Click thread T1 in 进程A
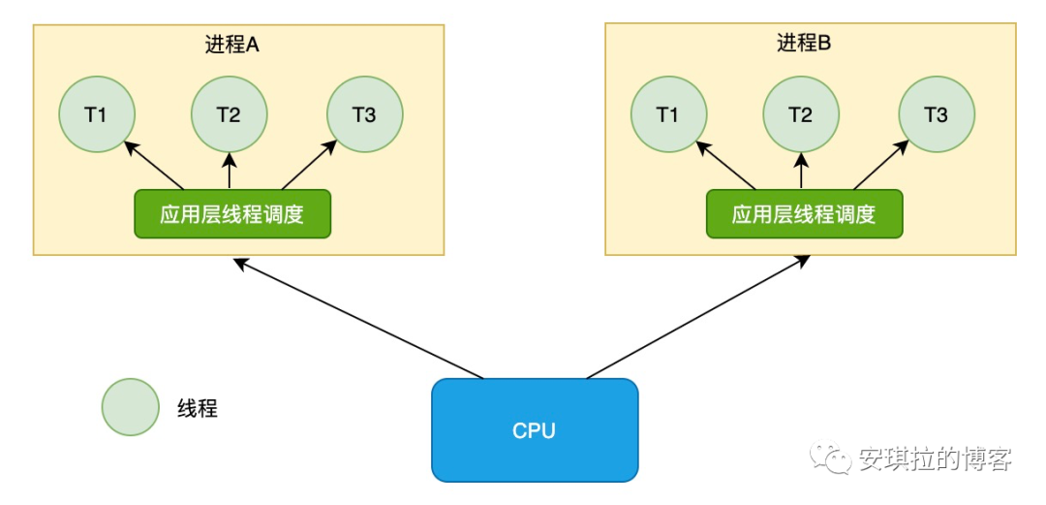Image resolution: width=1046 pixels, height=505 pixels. [97, 114]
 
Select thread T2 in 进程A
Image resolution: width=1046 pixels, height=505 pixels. [230, 114]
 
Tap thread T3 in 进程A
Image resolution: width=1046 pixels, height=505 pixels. [365, 114]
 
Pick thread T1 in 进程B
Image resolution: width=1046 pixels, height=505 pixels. [668, 114]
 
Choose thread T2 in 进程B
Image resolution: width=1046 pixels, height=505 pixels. [801, 114]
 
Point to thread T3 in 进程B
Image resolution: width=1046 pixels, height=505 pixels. [937, 114]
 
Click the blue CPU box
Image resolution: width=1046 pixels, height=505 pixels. [535, 430]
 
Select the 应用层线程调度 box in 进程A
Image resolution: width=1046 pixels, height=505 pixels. [232, 214]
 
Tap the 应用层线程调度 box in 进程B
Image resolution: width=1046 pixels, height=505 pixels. [805, 214]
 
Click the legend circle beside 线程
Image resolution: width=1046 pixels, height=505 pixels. [131, 407]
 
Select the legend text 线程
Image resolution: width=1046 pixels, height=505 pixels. [199, 408]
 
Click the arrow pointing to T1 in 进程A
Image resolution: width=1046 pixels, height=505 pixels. [153, 165]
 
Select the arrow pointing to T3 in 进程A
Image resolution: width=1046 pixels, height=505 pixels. [309, 165]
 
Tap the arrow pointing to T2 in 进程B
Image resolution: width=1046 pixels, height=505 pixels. [801, 171]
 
